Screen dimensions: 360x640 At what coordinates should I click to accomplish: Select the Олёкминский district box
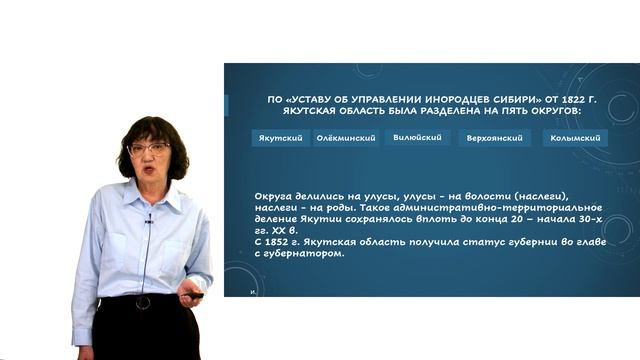[x=346, y=138]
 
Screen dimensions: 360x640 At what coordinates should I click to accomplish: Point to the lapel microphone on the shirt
[x=148, y=217]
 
